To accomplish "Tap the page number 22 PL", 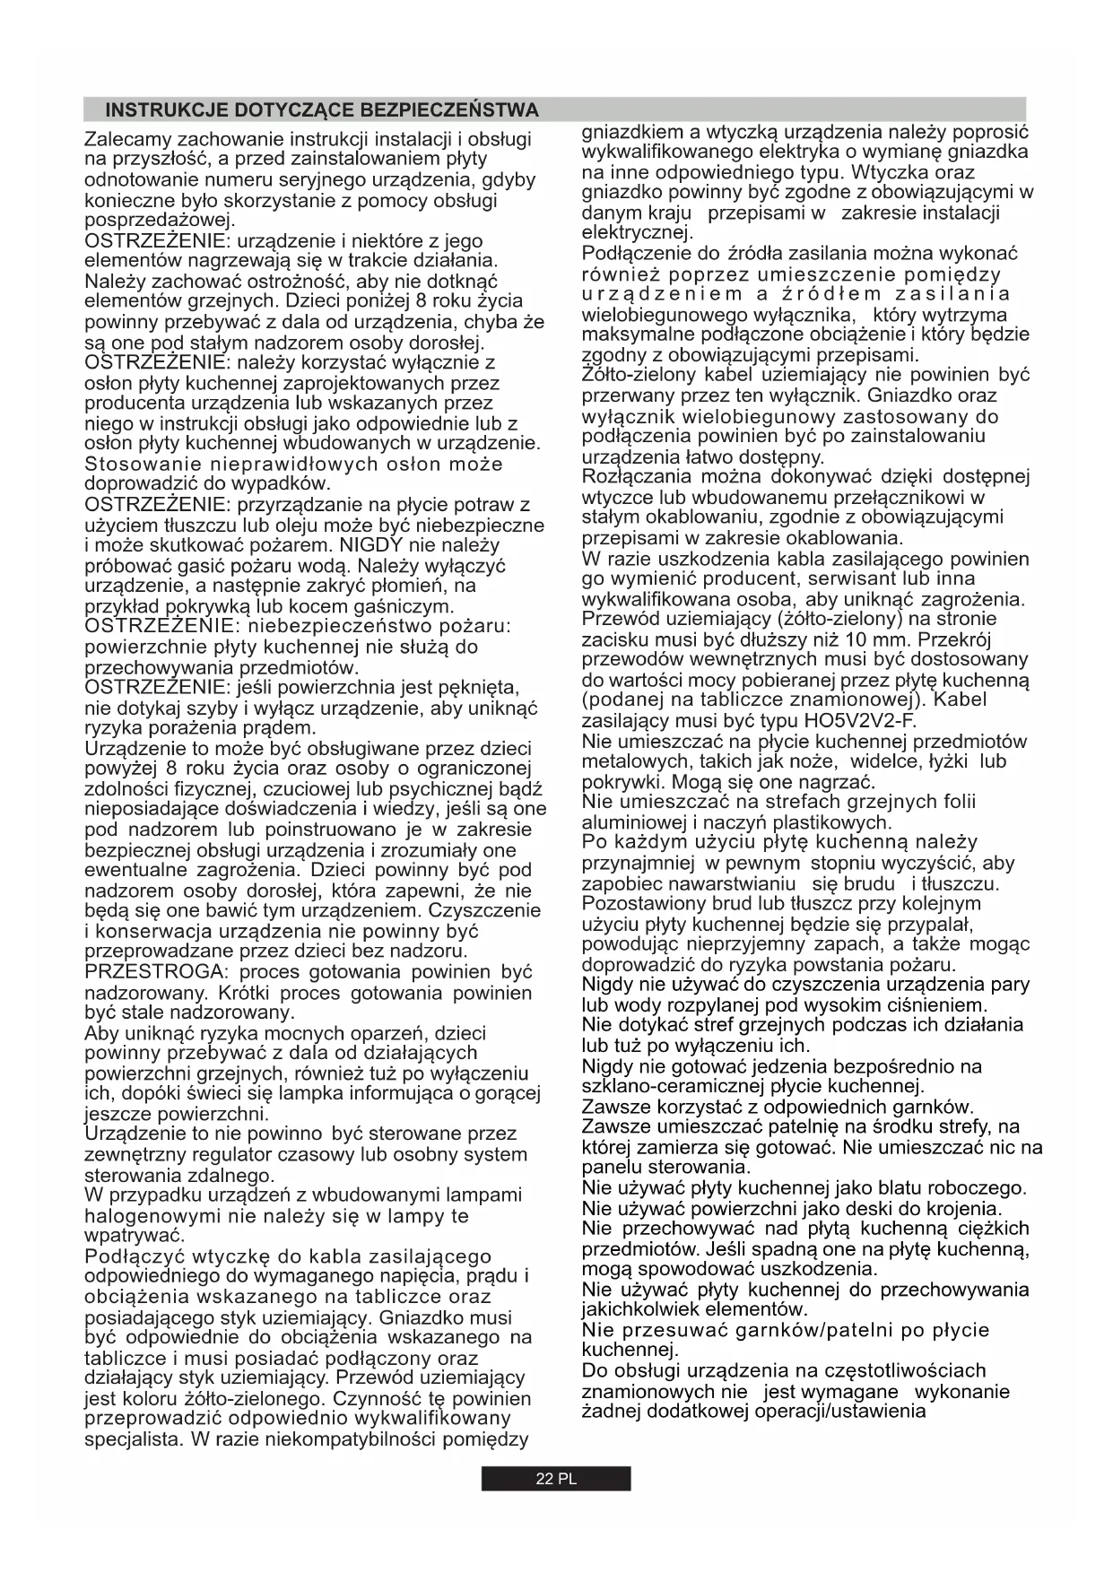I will pos(556,1479).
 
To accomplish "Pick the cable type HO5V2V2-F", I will pos(859,720).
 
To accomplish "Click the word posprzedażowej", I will pos(159,221).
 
